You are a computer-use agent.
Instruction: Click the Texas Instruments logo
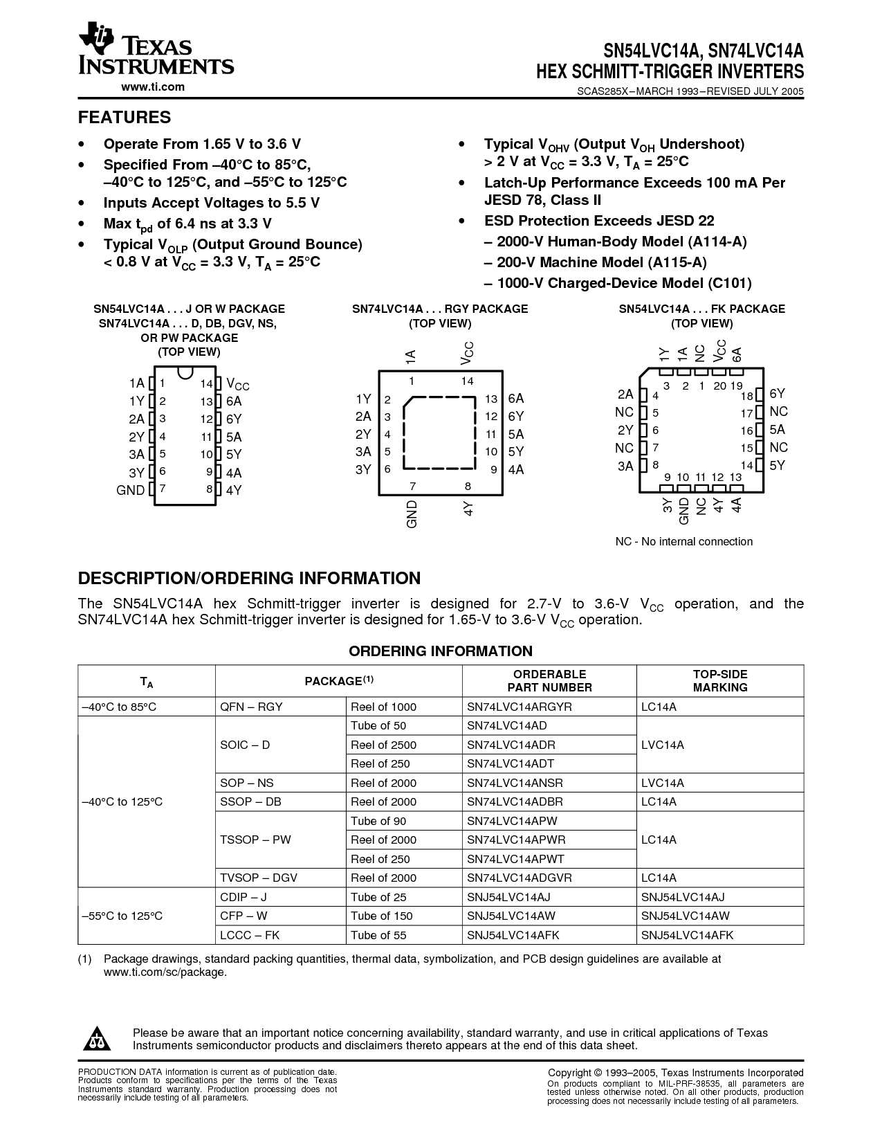[x=156, y=52]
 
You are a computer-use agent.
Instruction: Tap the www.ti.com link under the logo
[x=153, y=87]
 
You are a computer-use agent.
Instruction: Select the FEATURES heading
[x=125, y=118]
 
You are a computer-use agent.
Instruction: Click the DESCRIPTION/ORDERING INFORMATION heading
[x=249, y=579]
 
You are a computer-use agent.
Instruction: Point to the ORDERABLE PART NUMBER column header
[x=549, y=681]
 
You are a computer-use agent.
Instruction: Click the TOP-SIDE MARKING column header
[x=720, y=681]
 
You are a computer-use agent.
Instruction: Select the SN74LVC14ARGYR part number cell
[x=520, y=707]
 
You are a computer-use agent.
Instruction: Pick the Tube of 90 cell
[x=378, y=821]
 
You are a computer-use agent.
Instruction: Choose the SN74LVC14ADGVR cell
[x=520, y=878]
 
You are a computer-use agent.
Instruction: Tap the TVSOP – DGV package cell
[x=259, y=878]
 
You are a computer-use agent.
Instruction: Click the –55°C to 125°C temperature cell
[x=122, y=916]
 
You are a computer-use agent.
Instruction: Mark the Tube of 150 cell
[x=382, y=916]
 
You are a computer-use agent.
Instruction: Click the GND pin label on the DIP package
[x=130, y=491]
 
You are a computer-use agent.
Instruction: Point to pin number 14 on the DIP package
[x=206, y=383]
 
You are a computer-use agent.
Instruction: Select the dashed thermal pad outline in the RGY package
[x=440, y=433]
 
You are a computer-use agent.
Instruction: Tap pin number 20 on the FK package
[x=719, y=386]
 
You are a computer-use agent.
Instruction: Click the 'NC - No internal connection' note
[x=684, y=541]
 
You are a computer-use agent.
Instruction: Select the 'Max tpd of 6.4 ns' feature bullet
[x=187, y=224]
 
